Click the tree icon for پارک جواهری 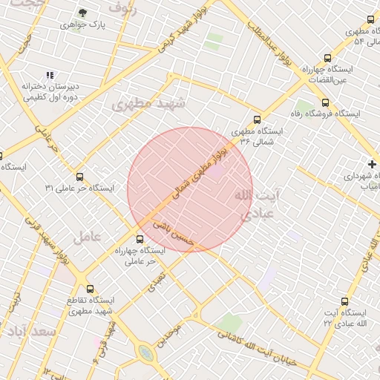(x=82, y=13)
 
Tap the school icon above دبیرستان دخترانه (x=50, y=75)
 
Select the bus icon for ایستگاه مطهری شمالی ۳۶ (x=258, y=119)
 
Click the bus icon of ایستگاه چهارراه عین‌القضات (x=328, y=58)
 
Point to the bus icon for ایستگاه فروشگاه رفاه (x=325, y=103)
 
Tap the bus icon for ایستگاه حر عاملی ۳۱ (x=80, y=177)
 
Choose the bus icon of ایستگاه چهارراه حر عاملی (x=140, y=239)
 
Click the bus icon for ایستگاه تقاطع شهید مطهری (x=91, y=289)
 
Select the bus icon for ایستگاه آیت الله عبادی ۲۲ (x=344, y=301)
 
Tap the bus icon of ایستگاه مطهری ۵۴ (x=370, y=20)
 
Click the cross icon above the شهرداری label (x=372, y=163)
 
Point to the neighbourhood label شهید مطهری (x=142, y=105)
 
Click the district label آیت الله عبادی (x=256, y=204)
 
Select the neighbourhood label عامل (x=86, y=237)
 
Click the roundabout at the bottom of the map (x=146, y=353)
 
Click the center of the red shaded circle (x=190, y=190)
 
